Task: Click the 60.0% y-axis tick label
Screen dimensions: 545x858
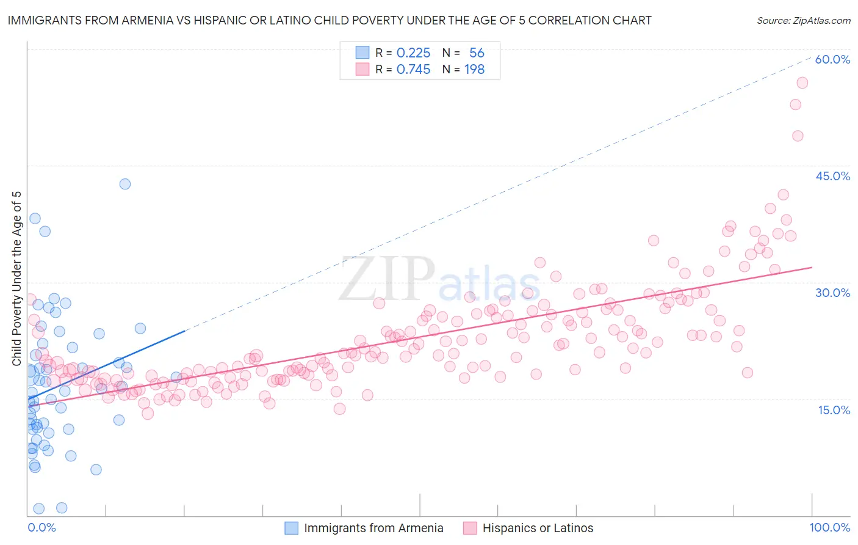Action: pyautogui.click(x=832, y=59)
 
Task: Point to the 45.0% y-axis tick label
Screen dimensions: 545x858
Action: pyautogui.click(x=832, y=176)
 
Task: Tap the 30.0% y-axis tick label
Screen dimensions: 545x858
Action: pyautogui.click(x=832, y=293)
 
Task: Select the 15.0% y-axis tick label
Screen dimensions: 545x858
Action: pyautogui.click(x=834, y=410)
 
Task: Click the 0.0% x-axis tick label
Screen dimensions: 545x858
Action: pyautogui.click(x=41, y=527)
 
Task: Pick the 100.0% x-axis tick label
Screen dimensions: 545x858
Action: pyautogui.click(x=829, y=527)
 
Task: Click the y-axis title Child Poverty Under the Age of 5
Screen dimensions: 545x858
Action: pyautogui.click(x=17, y=279)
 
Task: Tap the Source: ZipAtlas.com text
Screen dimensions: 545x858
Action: pyautogui.click(x=803, y=20)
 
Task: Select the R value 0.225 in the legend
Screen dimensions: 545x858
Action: pyautogui.click(x=413, y=53)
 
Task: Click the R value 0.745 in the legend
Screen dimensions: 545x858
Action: pyautogui.click(x=413, y=69)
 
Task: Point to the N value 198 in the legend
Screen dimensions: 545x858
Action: pyautogui.click(x=474, y=69)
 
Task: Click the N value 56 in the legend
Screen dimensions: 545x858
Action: pyautogui.click(x=477, y=53)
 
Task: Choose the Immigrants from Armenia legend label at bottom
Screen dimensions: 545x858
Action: pyautogui.click(x=373, y=528)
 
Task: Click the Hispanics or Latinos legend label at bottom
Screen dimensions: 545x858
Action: pyautogui.click(x=538, y=528)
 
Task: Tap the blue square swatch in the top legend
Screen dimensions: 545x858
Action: pyautogui.click(x=362, y=53)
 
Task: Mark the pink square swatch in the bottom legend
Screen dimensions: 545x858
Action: pyautogui.click(x=469, y=528)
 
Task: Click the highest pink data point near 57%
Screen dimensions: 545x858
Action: pyautogui.click(x=802, y=83)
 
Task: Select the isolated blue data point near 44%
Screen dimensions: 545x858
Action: pyautogui.click(x=125, y=184)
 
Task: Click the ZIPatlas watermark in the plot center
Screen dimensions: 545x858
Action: pyautogui.click(x=439, y=279)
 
